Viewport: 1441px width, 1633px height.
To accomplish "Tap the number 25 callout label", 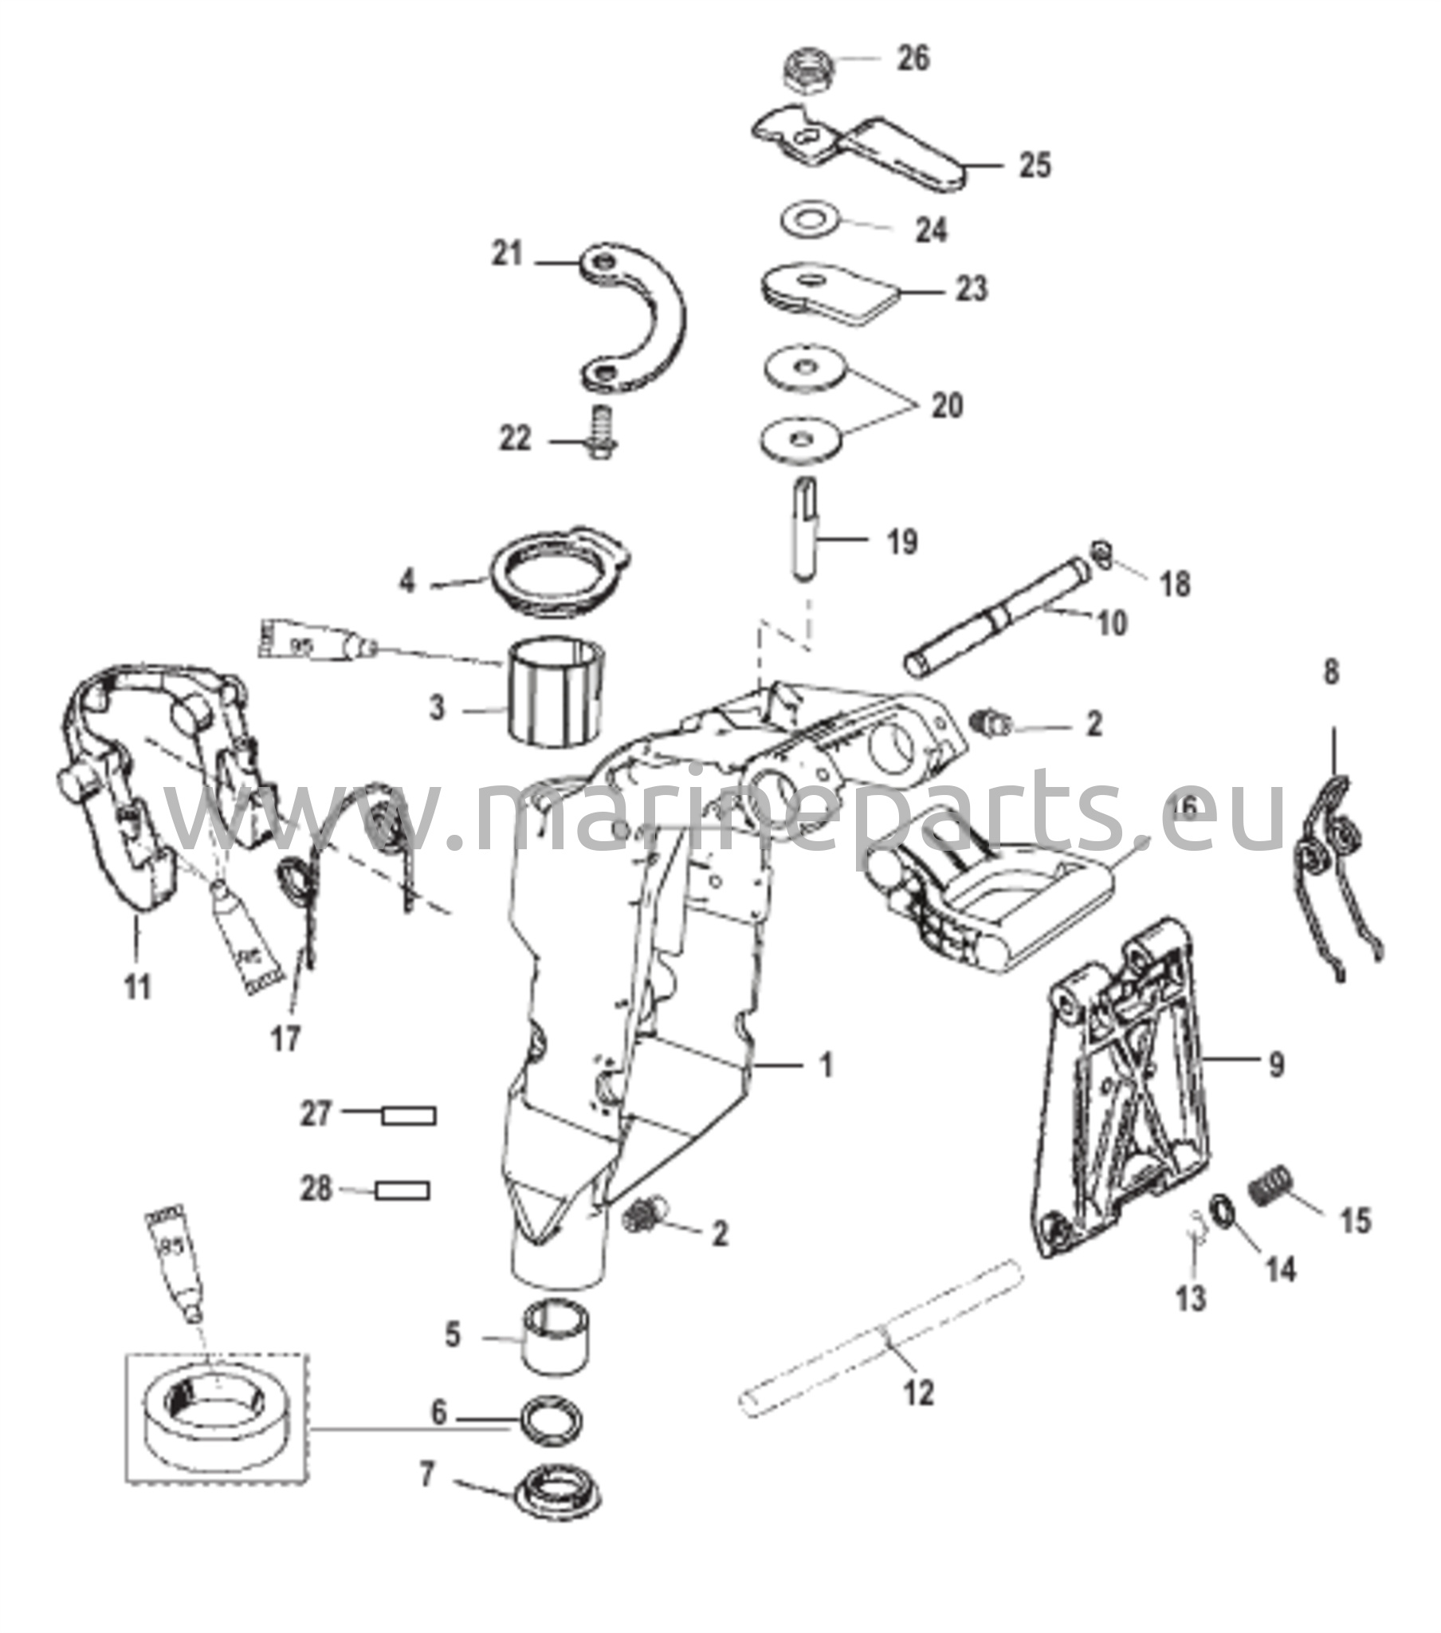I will [1035, 165].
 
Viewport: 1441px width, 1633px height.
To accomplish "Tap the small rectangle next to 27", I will [409, 1116].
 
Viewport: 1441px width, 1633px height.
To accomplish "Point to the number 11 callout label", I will [138, 988].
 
